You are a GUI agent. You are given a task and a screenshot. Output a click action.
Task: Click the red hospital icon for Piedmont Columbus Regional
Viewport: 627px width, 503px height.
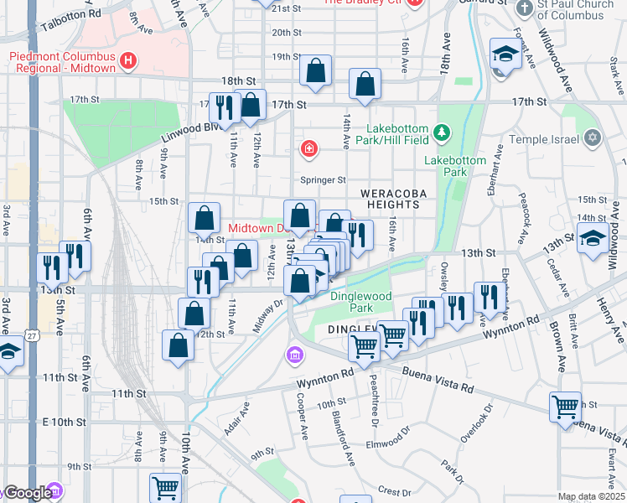coord(127,60)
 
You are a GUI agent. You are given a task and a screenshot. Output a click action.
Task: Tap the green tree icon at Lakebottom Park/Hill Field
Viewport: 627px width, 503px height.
coord(442,131)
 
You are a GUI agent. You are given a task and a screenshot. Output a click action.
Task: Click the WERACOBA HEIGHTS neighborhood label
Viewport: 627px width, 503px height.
coord(389,199)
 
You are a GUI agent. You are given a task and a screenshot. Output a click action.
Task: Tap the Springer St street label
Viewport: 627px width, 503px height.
coord(324,179)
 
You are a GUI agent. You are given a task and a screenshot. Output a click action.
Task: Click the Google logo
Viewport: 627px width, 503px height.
coord(28,493)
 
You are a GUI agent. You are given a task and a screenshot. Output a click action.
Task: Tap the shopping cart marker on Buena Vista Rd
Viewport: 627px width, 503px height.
coord(566,407)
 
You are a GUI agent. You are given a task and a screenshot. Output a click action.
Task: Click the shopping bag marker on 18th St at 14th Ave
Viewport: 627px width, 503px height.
coord(365,84)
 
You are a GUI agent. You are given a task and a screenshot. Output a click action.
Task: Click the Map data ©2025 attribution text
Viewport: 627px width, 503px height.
coord(591,497)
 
